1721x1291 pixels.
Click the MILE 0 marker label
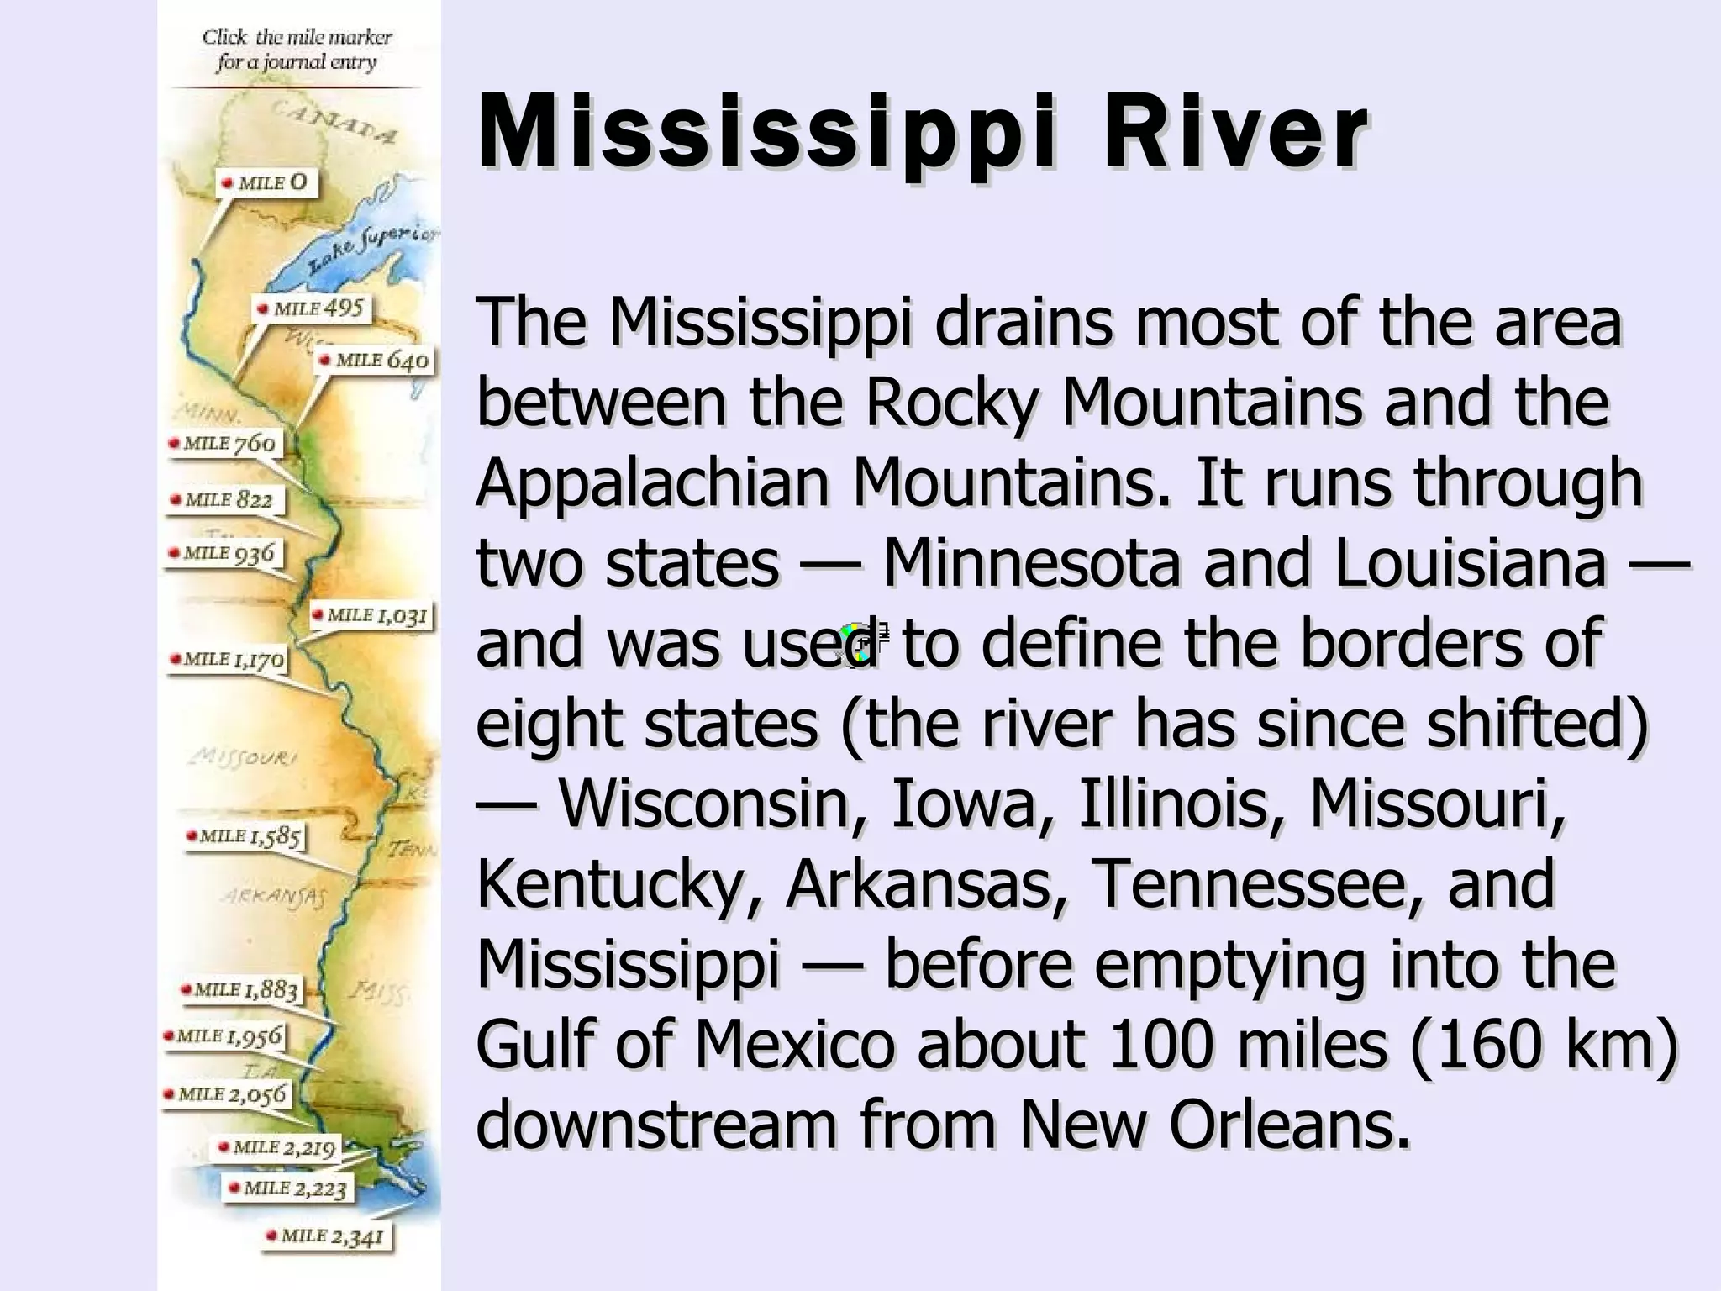[266, 183]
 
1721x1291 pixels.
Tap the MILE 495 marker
[312, 308]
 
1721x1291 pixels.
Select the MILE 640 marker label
[375, 361]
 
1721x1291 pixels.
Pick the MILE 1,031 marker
[371, 615]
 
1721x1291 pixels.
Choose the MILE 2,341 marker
[326, 1236]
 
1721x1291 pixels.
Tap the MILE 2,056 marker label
[227, 1094]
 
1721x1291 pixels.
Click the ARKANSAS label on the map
[274, 897]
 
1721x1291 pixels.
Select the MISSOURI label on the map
[243, 757]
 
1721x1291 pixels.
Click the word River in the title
[1234, 134]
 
